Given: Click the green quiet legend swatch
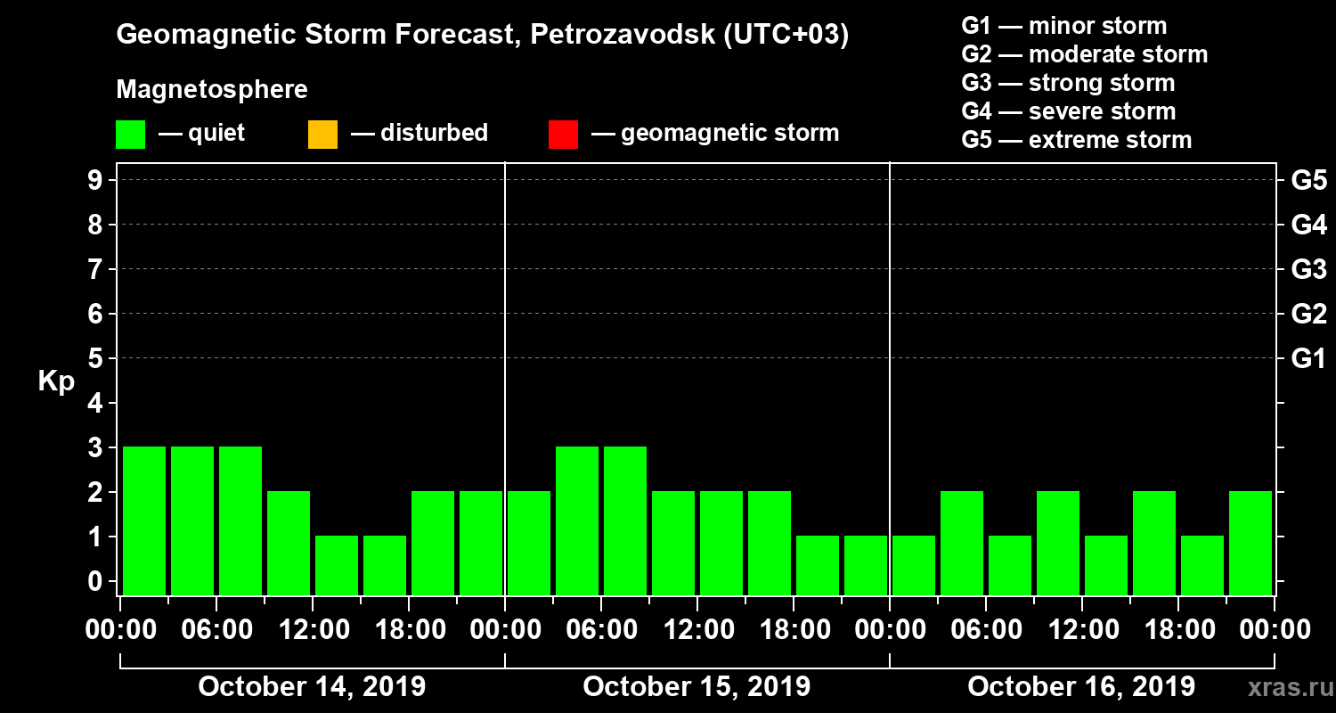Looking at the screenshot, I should click(130, 134).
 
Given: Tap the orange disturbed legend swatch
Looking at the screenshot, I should click(322, 134).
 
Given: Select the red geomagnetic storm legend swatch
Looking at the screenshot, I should click(563, 134).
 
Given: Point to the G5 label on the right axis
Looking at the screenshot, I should click(1308, 181).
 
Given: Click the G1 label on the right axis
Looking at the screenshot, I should click(1308, 359).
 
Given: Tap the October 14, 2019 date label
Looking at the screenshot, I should click(312, 687).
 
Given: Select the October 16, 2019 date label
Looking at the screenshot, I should click(1081, 687).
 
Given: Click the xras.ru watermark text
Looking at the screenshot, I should click(1283, 688).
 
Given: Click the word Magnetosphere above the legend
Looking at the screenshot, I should click(212, 90).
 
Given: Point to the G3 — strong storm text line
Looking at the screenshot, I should click(1068, 83).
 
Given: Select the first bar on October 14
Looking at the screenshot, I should click(144, 520).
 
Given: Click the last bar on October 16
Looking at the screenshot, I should click(1250, 543).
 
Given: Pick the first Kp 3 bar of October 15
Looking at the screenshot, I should click(577, 520).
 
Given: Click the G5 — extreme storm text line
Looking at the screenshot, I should click(1076, 140).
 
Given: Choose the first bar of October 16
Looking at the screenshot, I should click(914, 565).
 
